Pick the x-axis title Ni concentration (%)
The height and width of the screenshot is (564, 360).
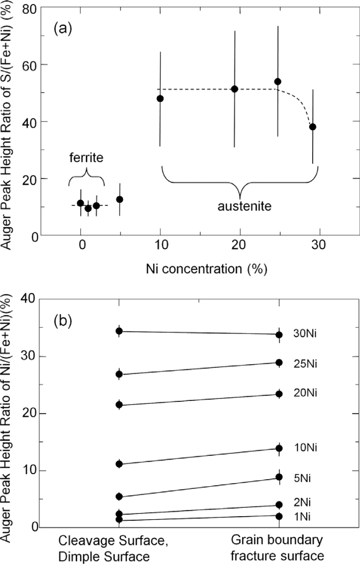(x=200, y=269)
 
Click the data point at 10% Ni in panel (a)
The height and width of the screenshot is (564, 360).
(x=160, y=98)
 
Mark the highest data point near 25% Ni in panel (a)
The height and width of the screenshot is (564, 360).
(x=278, y=81)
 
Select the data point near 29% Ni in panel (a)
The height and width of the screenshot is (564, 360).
(x=313, y=127)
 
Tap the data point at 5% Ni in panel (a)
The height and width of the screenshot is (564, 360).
(x=120, y=199)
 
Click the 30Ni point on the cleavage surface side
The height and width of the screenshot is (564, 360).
(x=119, y=331)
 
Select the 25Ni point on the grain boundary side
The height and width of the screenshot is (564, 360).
(x=279, y=362)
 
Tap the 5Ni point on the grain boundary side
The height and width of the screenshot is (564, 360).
(x=279, y=477)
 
